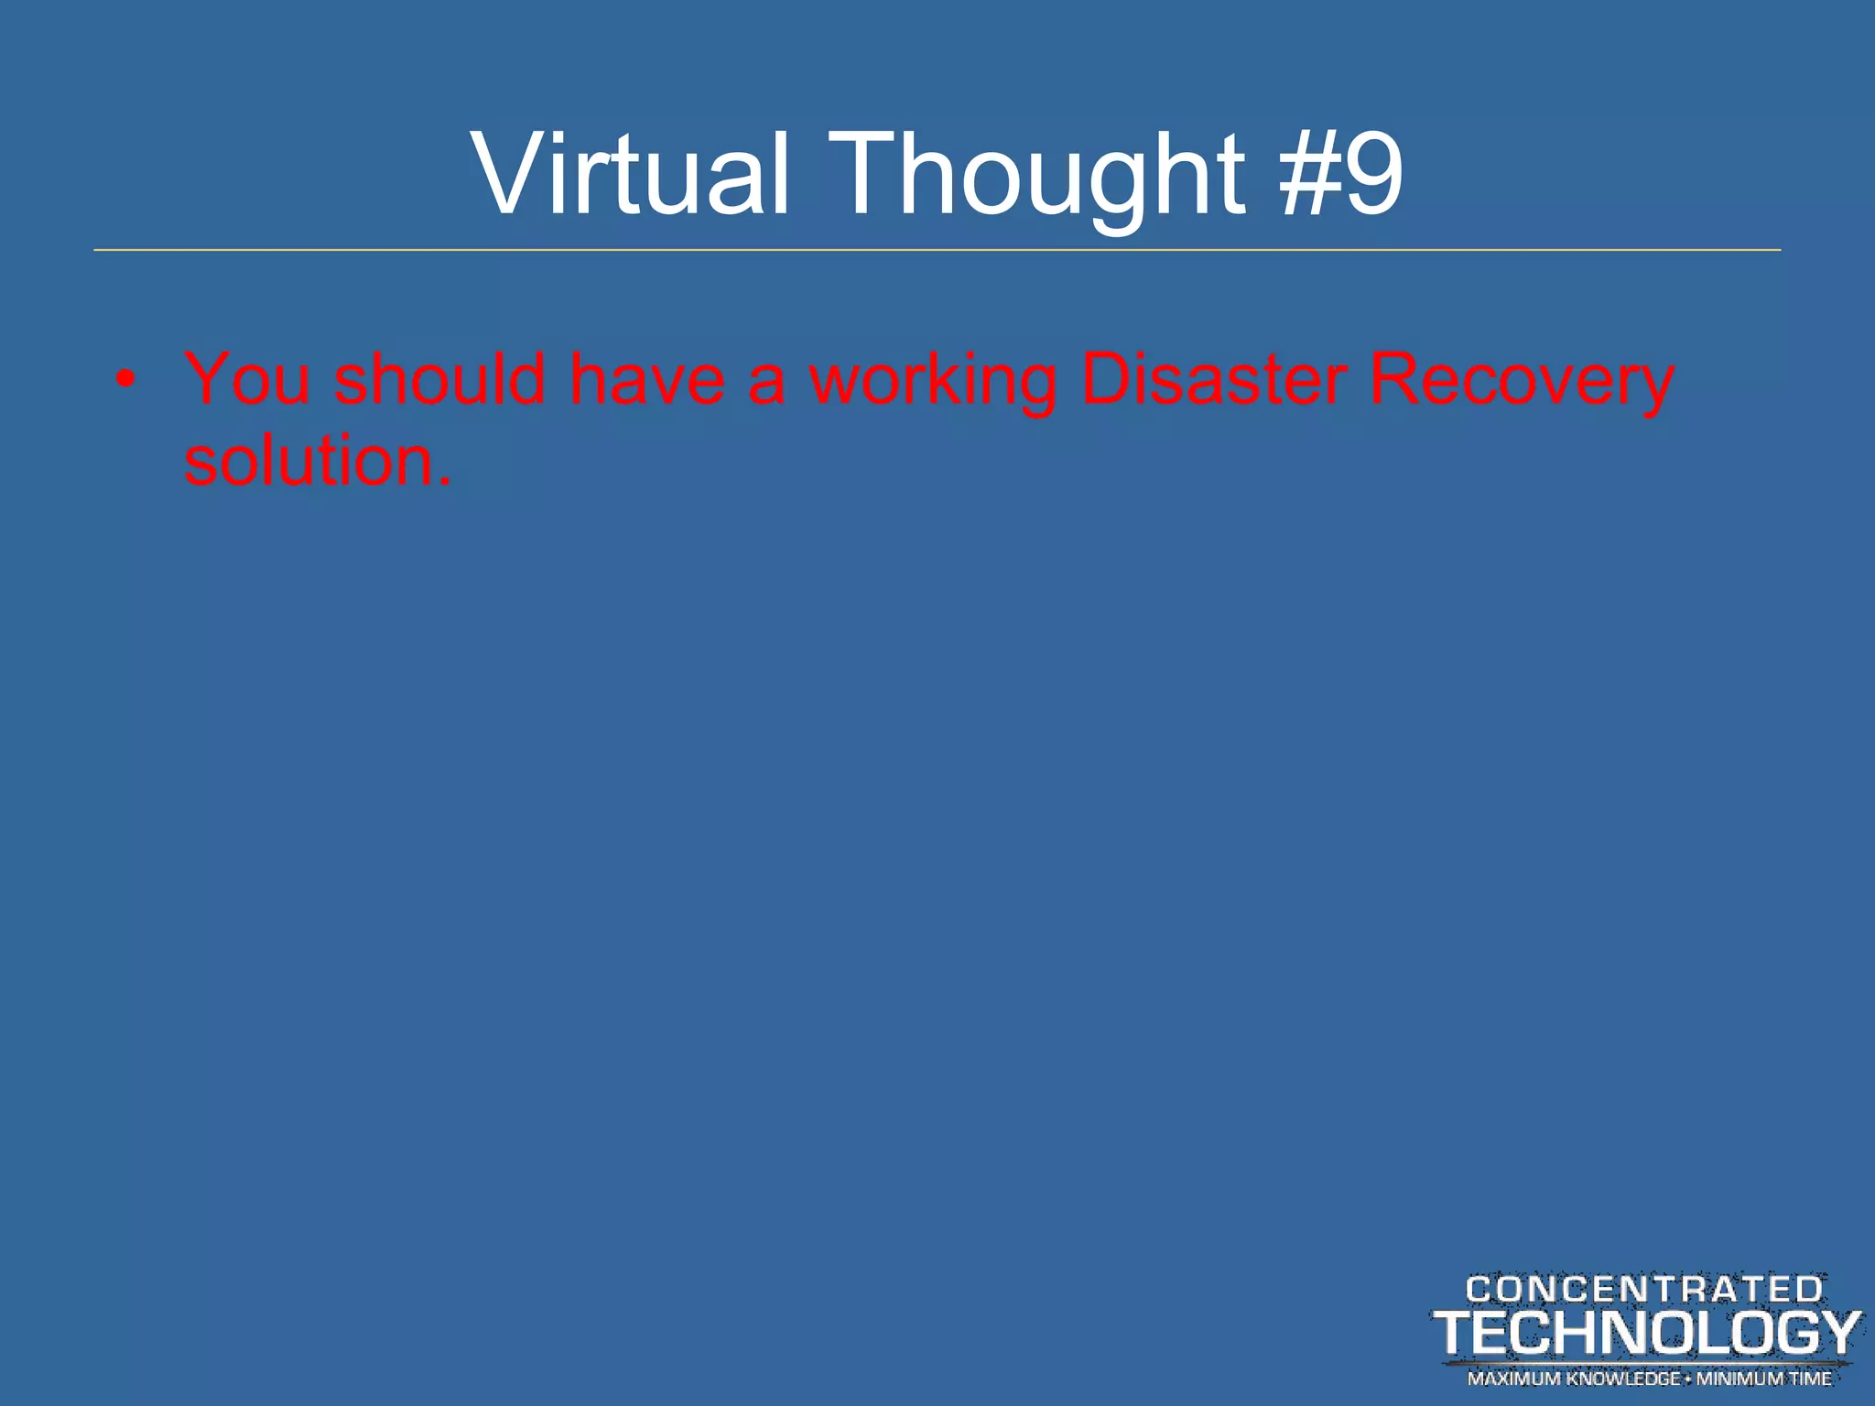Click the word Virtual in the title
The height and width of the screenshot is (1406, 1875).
click(630, 174)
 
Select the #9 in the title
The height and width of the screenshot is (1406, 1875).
click(1342, 174)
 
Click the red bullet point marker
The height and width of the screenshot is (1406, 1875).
click(127, 379)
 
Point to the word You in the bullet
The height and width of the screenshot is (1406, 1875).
click(247, 379)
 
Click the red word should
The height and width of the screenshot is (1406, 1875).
click(439, 379)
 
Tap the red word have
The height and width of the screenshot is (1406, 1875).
click(647, 379)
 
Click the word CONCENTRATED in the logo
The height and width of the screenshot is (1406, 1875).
click(1644, 1290)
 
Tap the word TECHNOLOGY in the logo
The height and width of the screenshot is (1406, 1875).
click(1647, 1333)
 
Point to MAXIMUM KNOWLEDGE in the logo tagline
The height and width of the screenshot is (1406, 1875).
click(1573, 1379)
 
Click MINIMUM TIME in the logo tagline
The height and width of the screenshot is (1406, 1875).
click(1764, 1379)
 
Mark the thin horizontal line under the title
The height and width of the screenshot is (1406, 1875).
click(937, 249)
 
